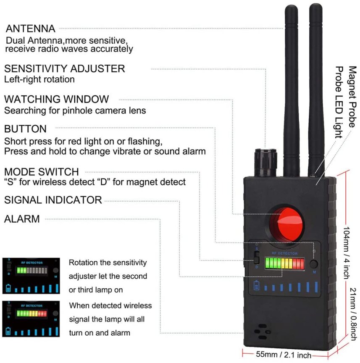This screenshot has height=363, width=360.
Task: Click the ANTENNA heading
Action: (x=30, y=29)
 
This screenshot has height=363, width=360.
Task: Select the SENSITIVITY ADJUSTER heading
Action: (x=65, y=68)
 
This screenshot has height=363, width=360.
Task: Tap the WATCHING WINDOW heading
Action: (x=57, y=100)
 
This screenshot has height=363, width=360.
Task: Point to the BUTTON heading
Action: (x=25, y=129)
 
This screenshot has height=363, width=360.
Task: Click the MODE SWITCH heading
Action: (x=41, y=172)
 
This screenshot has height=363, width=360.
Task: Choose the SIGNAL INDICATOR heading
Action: (x=53, y=200)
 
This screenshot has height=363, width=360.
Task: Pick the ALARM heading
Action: (x=22, y=219)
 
